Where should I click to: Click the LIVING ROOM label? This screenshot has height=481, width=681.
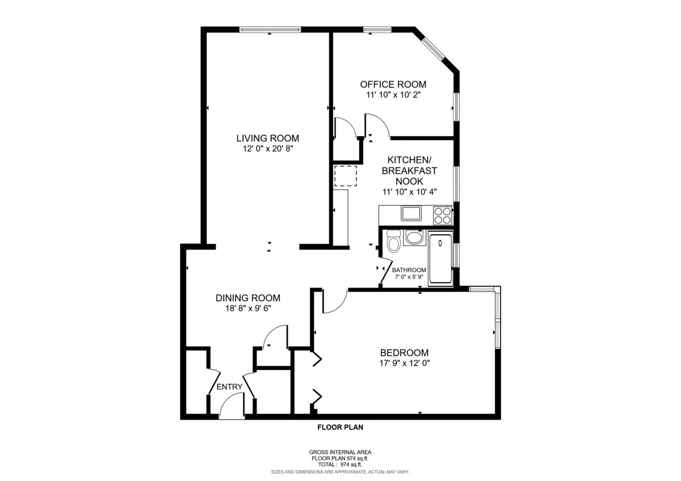point(267,138)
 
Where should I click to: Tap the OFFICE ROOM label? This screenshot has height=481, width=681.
point(393,85)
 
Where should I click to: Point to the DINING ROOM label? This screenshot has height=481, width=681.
point(247,298)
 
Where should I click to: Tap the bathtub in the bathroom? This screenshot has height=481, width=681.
point(440,259)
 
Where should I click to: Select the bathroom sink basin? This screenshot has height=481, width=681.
point(414,237)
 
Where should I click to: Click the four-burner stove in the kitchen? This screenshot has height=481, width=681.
point(443,215)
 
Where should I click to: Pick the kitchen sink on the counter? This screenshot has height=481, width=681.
point(411,214)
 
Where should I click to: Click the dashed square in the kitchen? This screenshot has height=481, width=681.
point(345,176)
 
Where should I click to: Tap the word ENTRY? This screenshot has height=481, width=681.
point(229,387)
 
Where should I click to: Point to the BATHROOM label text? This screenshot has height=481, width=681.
point(409,270)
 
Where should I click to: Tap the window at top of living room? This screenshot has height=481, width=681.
point(270,29)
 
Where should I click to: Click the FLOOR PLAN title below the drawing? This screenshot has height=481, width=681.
point(340,428)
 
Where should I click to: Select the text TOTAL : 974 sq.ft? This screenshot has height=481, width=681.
point(340,464)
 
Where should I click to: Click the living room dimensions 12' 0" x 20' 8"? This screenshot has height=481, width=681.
point(267,149)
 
